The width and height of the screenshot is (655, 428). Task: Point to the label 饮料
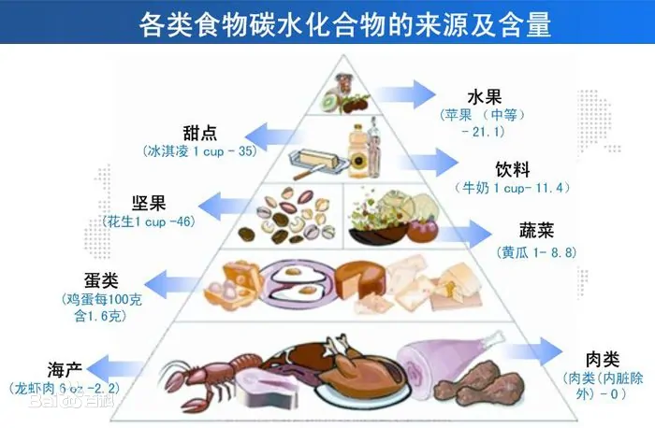[x=513, y=170]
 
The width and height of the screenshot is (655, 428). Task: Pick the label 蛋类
[x=102, y=280]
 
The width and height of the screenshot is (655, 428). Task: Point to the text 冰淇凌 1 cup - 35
[x=199, y=150]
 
